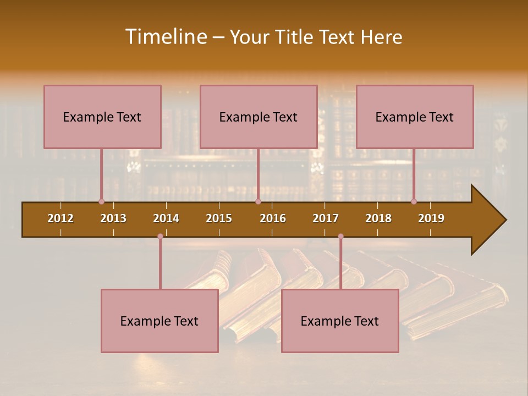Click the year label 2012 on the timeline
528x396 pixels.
(x=61, y=218)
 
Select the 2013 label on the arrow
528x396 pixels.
(x=113, y=218)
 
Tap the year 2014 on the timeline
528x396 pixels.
(x=166, y=218)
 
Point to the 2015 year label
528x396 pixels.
(x=219, y=218)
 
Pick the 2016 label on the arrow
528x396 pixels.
(x=273, y=218)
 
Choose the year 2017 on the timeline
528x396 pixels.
(x=326, y=218)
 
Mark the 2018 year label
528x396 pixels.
(x=378, y=218)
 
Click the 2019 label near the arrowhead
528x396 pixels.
(x=431, y=218)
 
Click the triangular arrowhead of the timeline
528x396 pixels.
(x=487, y=220)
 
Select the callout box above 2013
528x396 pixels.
(x=102, y=117)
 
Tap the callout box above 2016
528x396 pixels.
(x=258, y=117)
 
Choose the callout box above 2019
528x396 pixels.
(x=415, y=117)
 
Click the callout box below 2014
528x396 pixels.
(x=159, y=321)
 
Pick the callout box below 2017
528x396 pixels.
(x=340, y=321)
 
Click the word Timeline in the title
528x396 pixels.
(x=166, y=37)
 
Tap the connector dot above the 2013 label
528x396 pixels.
(x=101, y=201)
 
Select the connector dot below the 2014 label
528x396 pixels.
(x=160, y=237)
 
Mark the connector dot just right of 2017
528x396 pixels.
(x=340, y=237)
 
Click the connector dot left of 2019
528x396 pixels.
(x=414, y=201)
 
